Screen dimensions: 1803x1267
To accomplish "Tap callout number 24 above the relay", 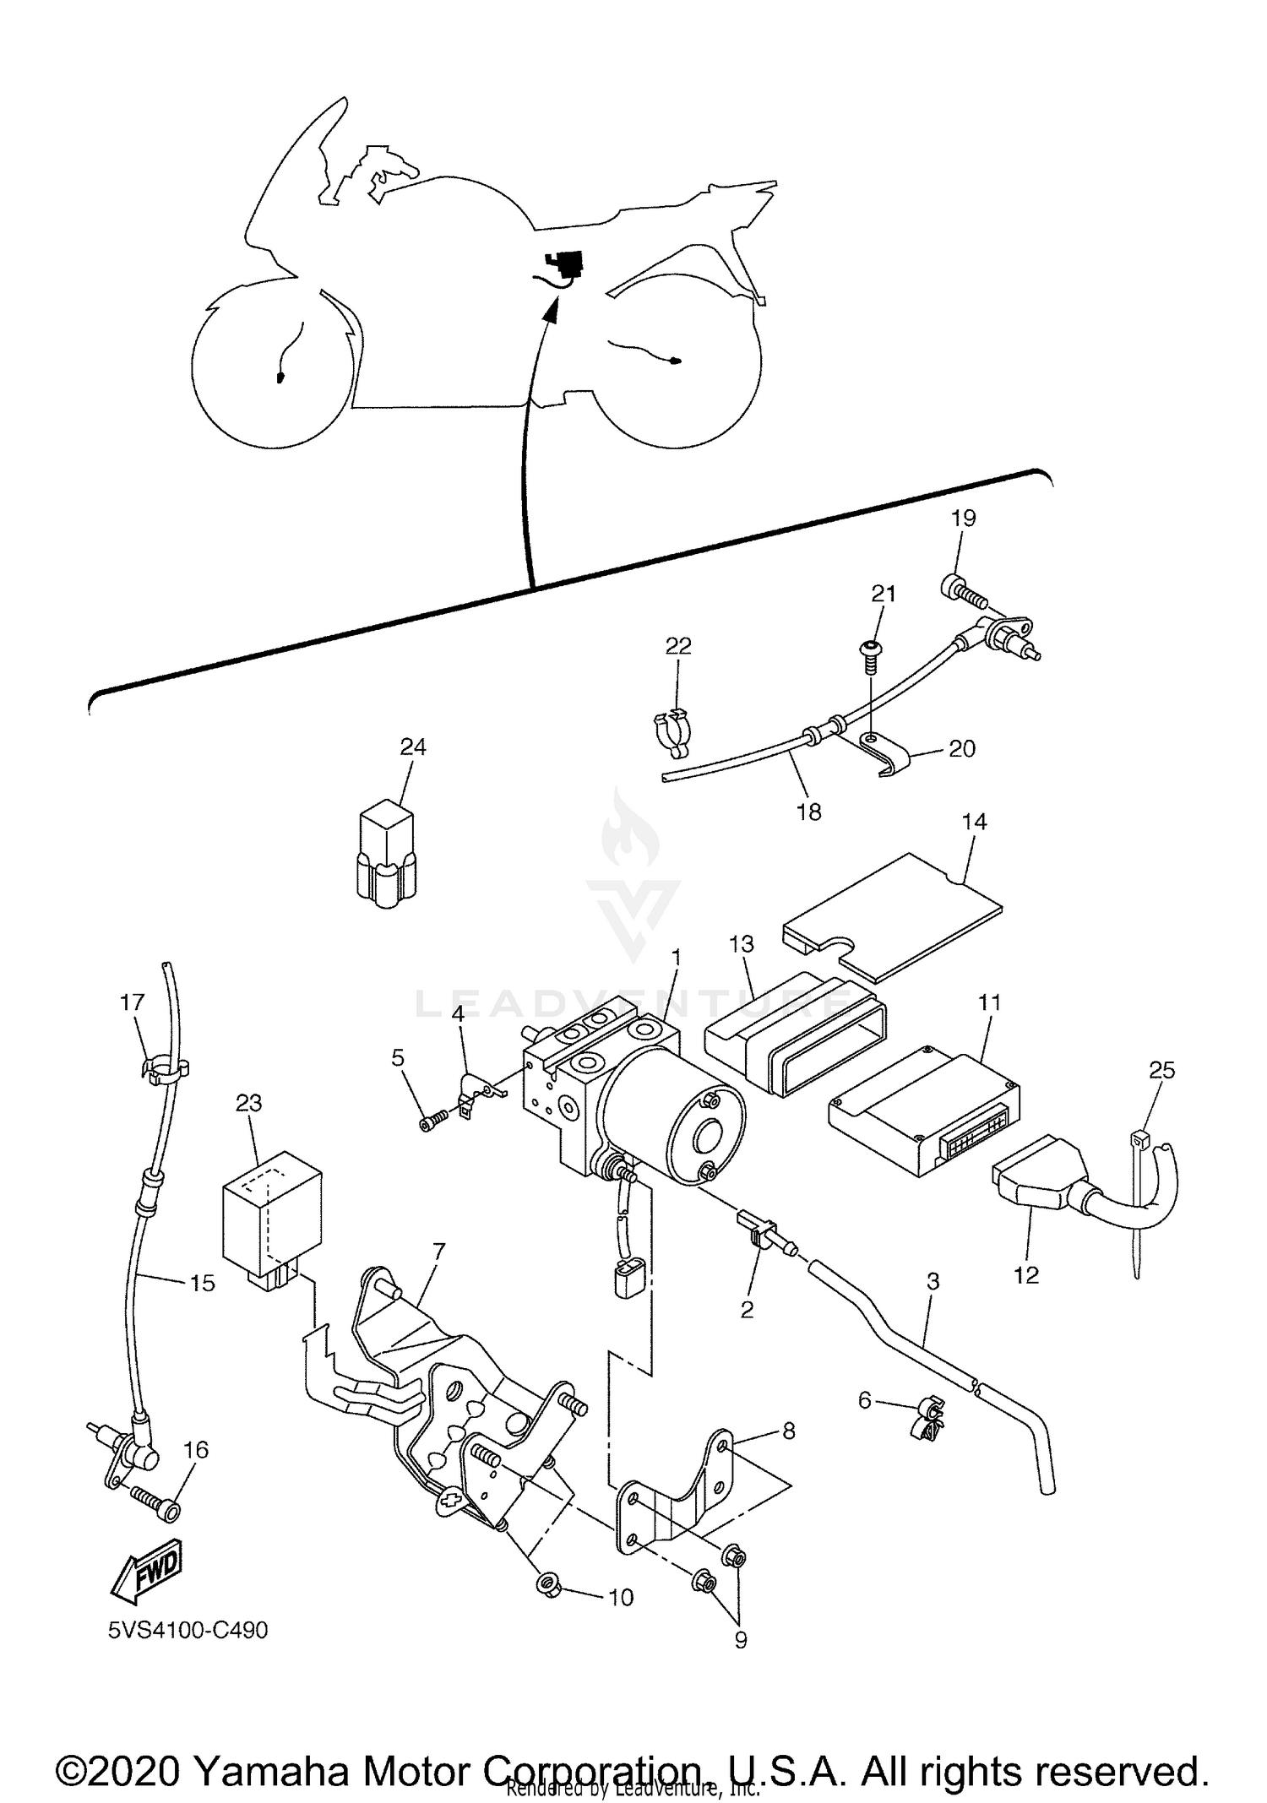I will coord(413,747).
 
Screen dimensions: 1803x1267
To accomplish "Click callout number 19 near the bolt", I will coord(963,518).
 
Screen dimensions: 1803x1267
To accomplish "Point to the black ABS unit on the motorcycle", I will coord(564,262).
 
